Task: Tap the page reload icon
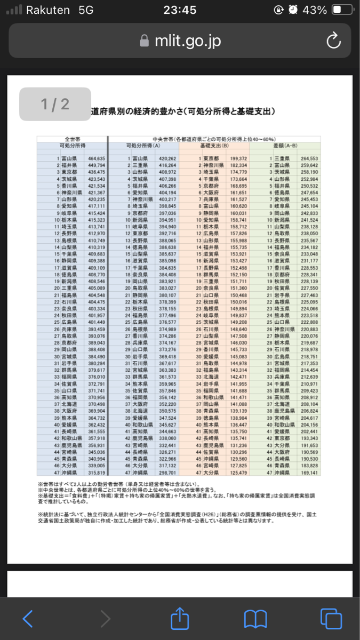pos(333,41)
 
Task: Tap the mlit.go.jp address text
pos(187,41)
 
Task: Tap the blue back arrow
pos(28,618)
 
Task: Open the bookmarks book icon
pos(255,619)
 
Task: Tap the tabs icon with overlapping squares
pos(331,618)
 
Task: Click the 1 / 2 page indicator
pos(55,104)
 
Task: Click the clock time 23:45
pos(180,10)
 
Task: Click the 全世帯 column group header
pos(72,139)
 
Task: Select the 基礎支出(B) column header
pos(214,145)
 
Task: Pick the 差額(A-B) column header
pos(285,145)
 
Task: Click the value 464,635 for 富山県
pos(97,158)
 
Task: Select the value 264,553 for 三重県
pos(309,158)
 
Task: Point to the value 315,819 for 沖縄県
pos(97,473)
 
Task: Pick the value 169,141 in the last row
pos(309,473)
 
